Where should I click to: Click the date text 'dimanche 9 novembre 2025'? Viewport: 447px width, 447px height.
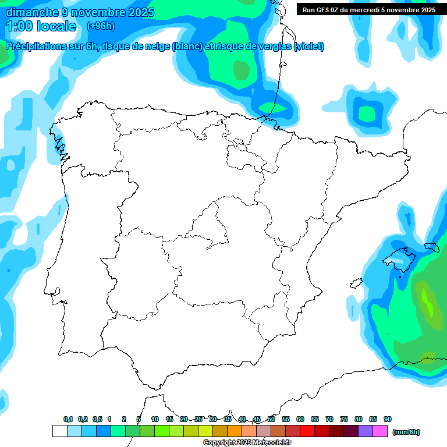coord(80,12)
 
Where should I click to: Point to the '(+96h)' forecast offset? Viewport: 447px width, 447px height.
coord(101,26)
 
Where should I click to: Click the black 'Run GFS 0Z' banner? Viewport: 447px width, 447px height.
coord(369,9)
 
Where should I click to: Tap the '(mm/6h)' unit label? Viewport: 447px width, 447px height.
coord(406,432)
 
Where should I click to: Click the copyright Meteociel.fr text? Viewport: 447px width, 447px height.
coord(247,443)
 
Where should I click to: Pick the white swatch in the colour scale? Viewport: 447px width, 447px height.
coord(59,431)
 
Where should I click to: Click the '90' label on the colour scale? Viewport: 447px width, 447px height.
coord(388,419)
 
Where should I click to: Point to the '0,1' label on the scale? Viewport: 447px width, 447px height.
coord(68,419)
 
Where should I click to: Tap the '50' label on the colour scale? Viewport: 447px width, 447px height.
coord(271,419)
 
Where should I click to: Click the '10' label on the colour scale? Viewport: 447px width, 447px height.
coord(155,419)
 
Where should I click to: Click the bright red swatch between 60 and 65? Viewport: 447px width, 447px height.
coord(307,431)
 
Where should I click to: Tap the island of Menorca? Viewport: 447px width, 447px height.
coord(431,247)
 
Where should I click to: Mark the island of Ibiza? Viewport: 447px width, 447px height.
coord(356,283)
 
